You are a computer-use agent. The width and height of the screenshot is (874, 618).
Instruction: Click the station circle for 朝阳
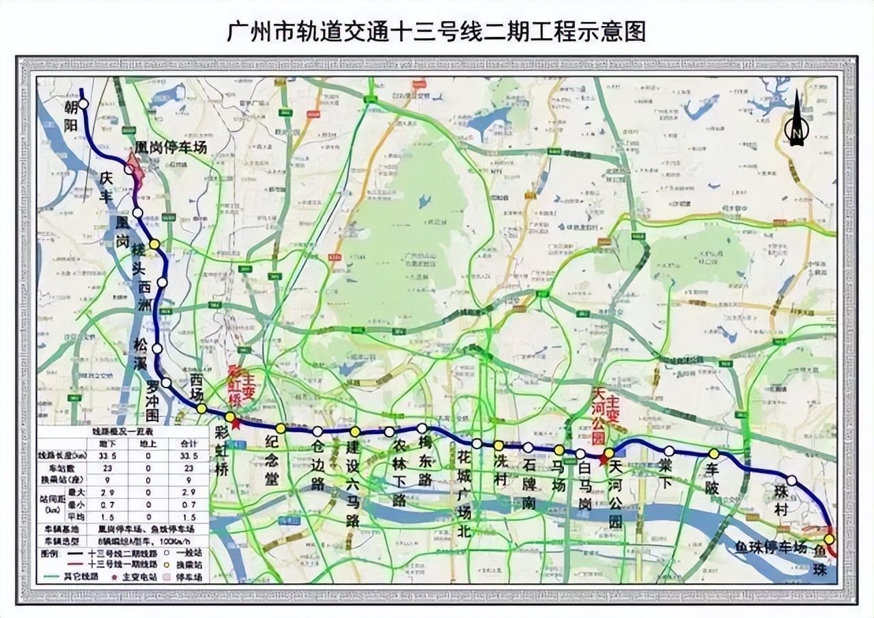click(83, 104)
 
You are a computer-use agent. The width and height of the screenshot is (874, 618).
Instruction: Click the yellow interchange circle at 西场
click(201, 408)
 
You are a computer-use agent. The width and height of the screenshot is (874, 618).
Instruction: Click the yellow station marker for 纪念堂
click(281, 429)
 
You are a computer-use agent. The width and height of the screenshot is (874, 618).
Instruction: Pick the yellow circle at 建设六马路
click(355, 431)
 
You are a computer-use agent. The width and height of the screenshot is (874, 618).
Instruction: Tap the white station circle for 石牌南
click(528, 447)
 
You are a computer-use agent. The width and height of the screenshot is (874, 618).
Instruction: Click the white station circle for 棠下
click(669, 451)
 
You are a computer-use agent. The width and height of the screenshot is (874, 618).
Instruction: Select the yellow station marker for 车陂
click(714, 453)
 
